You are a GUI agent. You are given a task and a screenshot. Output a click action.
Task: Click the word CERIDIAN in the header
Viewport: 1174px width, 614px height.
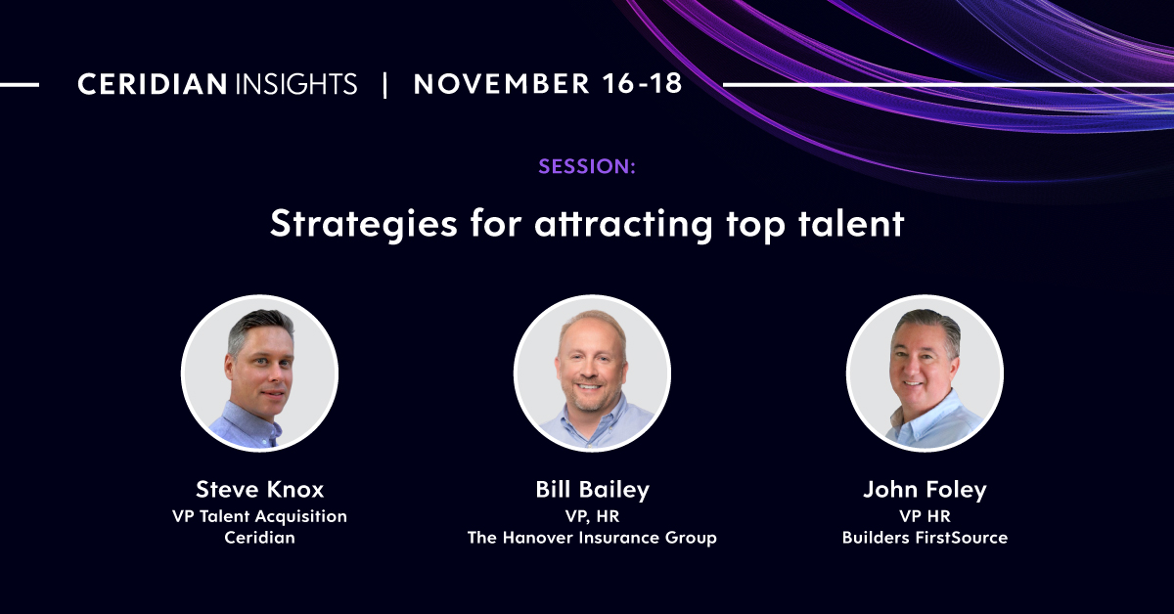[x=153, y=85]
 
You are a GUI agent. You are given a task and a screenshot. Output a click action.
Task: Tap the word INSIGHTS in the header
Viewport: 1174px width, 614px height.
[x=295, y=85]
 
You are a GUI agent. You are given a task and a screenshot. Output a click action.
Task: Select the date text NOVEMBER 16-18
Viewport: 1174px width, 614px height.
[x=548, y=85]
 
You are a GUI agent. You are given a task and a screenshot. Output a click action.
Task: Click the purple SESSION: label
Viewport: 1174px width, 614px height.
[x=587, y=166]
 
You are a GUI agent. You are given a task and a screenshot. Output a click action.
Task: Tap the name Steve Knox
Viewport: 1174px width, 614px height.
[x=259, y=490]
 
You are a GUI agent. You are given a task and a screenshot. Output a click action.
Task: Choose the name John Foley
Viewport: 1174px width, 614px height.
[x=925, y=490]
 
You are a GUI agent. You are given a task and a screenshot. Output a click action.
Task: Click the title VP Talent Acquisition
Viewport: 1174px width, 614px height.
[x=259, y=516]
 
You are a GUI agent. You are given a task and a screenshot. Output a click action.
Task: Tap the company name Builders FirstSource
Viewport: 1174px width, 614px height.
[x=925, y=538]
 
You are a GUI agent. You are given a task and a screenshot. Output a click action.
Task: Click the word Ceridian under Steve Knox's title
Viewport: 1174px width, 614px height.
[x=259, y=538]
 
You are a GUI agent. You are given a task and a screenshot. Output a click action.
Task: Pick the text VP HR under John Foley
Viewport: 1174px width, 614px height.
[x=925, y=516]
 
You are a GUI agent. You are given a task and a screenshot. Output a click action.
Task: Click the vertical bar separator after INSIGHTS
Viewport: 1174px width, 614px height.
[x=384, y=85]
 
